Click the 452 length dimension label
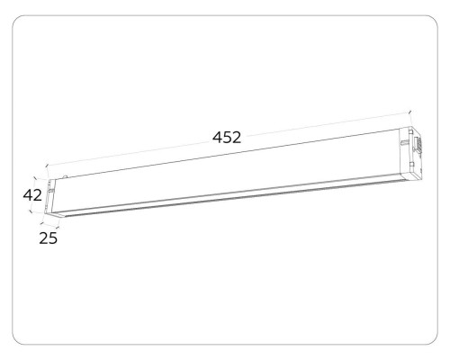click(x=227, y=138)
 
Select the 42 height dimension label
click(x=32, y=194)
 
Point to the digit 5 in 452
click(x=227, y=138)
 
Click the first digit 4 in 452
click(x=217, y=138)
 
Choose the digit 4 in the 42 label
click(x=27, y=194)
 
